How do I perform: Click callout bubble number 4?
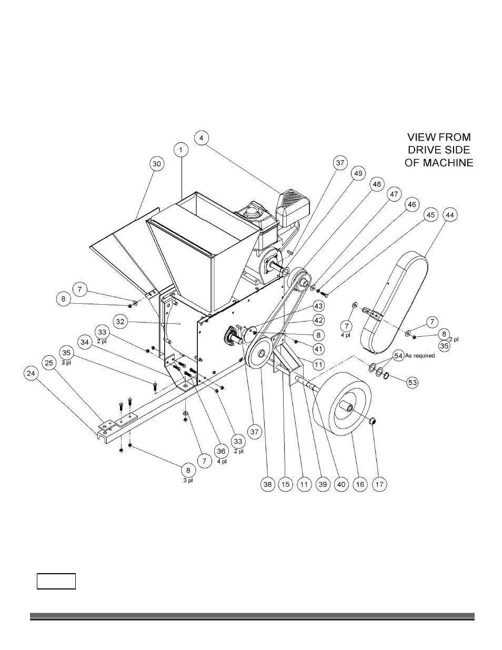[x=201, y=138]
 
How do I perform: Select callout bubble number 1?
[x=180, y=150]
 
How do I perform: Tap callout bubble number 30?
[x=157, y=164]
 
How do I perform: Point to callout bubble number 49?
[x=358, y=173]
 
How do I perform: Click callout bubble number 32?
[x=121, y=321]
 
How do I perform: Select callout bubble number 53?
[x=413, y=382]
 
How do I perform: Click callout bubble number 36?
[x=221, y=452]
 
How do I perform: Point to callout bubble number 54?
[x=398, y=356]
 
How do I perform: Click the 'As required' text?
[x=420, y=356]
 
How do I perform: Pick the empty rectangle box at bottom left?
[x=56, y=582]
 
